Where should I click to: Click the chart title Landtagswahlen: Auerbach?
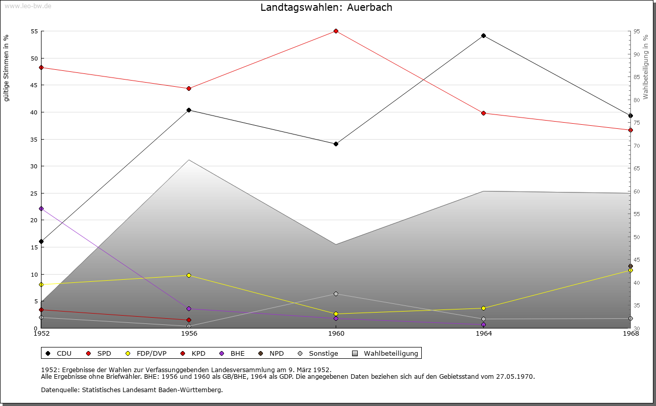point(326,7)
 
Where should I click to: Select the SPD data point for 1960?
point(336,31)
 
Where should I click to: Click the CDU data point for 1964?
point(483,35)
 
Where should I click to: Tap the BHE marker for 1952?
point(41,208)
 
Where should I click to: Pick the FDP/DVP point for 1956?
point(189,275)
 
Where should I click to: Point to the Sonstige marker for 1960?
point(336,294)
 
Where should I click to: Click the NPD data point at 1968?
point(630,266)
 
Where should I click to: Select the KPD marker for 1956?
point(189,320)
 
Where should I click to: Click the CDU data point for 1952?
point(41,241)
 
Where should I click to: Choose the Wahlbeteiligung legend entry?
point(385,353)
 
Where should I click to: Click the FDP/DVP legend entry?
point(146,353)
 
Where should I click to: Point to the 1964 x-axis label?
point(483,334)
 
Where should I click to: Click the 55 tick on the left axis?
point(35,31)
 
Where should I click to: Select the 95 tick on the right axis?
point(636,31)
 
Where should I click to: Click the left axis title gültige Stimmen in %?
point(7,68)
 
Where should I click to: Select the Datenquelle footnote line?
point(132,390)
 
